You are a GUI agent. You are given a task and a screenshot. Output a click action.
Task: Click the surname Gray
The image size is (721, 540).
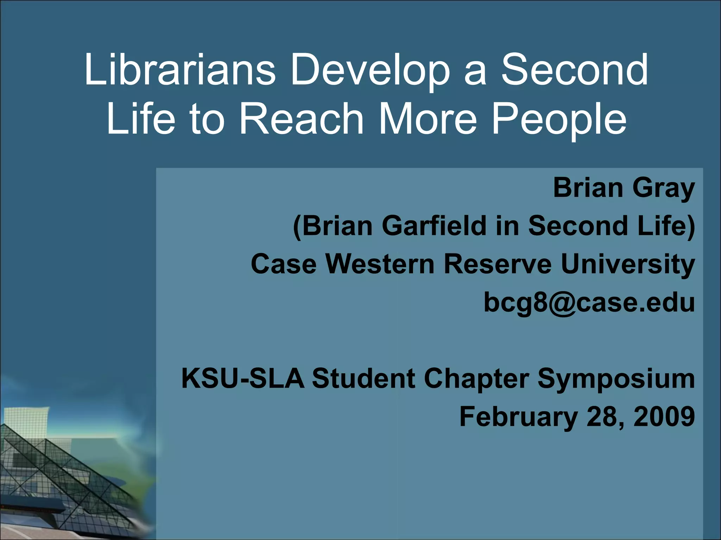tap(663, 189)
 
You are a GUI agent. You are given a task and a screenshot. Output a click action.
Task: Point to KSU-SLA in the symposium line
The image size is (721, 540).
tap(243, 379)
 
